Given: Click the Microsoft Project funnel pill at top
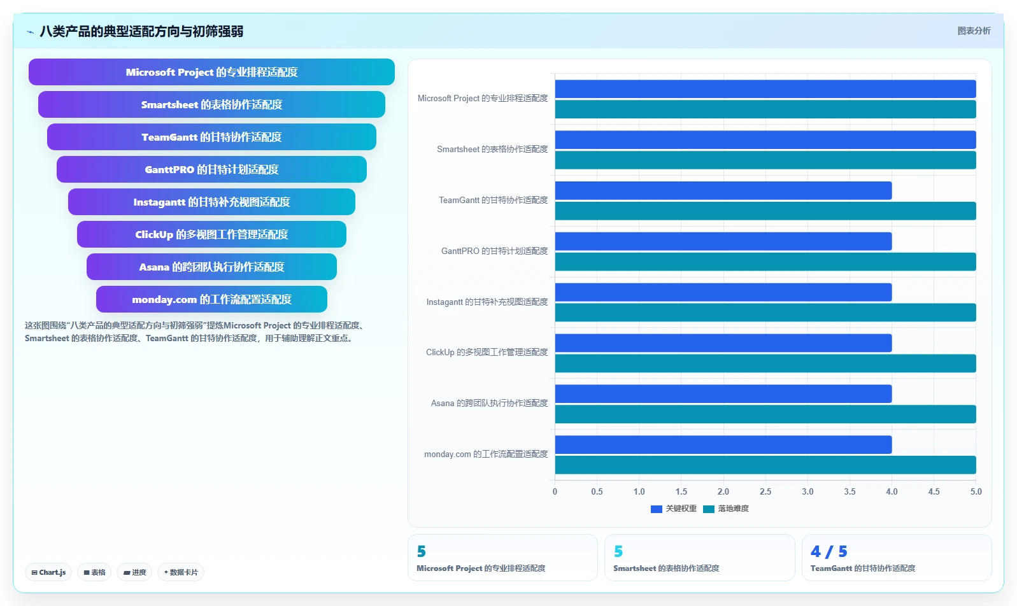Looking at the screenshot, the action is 211,72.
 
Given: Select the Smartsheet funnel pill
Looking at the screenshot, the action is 211,104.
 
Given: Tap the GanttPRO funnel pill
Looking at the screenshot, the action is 211,169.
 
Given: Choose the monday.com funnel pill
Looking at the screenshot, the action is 211,299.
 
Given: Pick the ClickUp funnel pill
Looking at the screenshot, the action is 211,234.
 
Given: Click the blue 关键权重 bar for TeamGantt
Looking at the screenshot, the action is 723,191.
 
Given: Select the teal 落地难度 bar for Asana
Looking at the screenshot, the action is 765,414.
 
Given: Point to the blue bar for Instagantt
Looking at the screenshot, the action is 723,292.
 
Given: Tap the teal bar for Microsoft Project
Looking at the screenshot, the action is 765,109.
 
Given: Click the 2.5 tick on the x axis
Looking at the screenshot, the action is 765,491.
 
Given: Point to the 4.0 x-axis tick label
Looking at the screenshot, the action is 892,491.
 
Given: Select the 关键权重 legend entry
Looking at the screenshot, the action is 674,509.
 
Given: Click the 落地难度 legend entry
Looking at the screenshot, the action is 726,509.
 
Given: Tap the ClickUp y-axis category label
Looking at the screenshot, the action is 487,352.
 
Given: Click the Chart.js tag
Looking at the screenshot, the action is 48,572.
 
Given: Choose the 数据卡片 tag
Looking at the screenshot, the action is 181,572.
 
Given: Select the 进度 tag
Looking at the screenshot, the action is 134,572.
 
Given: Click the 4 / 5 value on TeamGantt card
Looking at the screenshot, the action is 829,551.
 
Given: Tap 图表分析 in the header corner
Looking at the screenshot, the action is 974,31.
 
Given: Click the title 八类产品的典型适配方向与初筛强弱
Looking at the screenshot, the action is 141,31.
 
